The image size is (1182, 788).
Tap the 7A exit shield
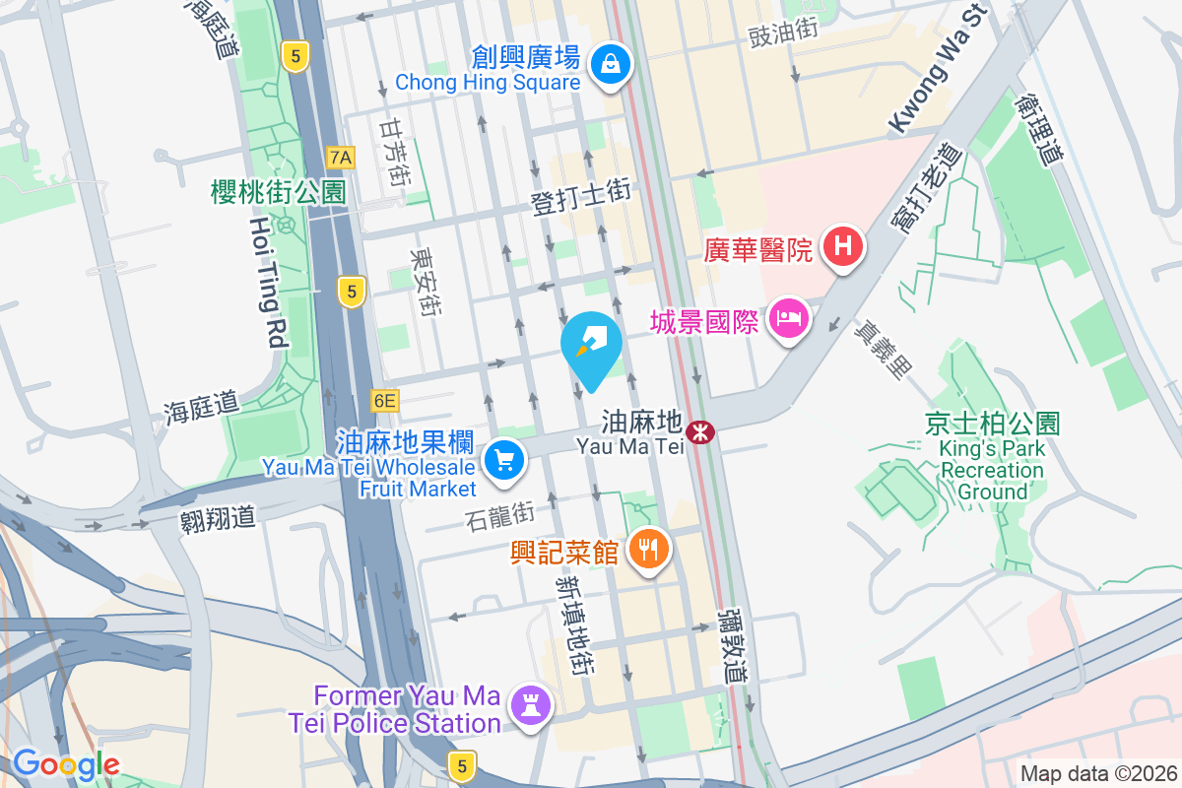[341, 158]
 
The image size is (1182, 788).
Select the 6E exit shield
[384, 401]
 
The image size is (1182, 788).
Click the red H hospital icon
[842, 246]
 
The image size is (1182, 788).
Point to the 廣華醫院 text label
[757, 247]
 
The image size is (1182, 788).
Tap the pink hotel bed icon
[789, 319]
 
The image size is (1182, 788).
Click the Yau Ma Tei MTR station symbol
[700, 431]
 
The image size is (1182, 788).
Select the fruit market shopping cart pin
[504, 459]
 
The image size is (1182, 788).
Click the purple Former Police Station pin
[532, 705]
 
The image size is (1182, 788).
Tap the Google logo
[66, 763]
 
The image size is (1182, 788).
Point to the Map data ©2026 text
[1097, 773]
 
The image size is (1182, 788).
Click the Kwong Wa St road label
[937, 70]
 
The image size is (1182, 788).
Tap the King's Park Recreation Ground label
[992, 458]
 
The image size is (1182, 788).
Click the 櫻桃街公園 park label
[279, 192]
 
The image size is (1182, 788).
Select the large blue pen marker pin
[591, 347]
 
